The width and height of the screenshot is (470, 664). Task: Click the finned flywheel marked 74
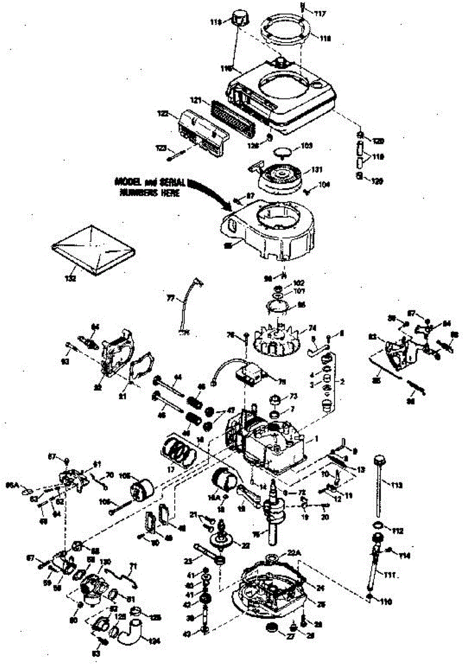coord(277,339)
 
